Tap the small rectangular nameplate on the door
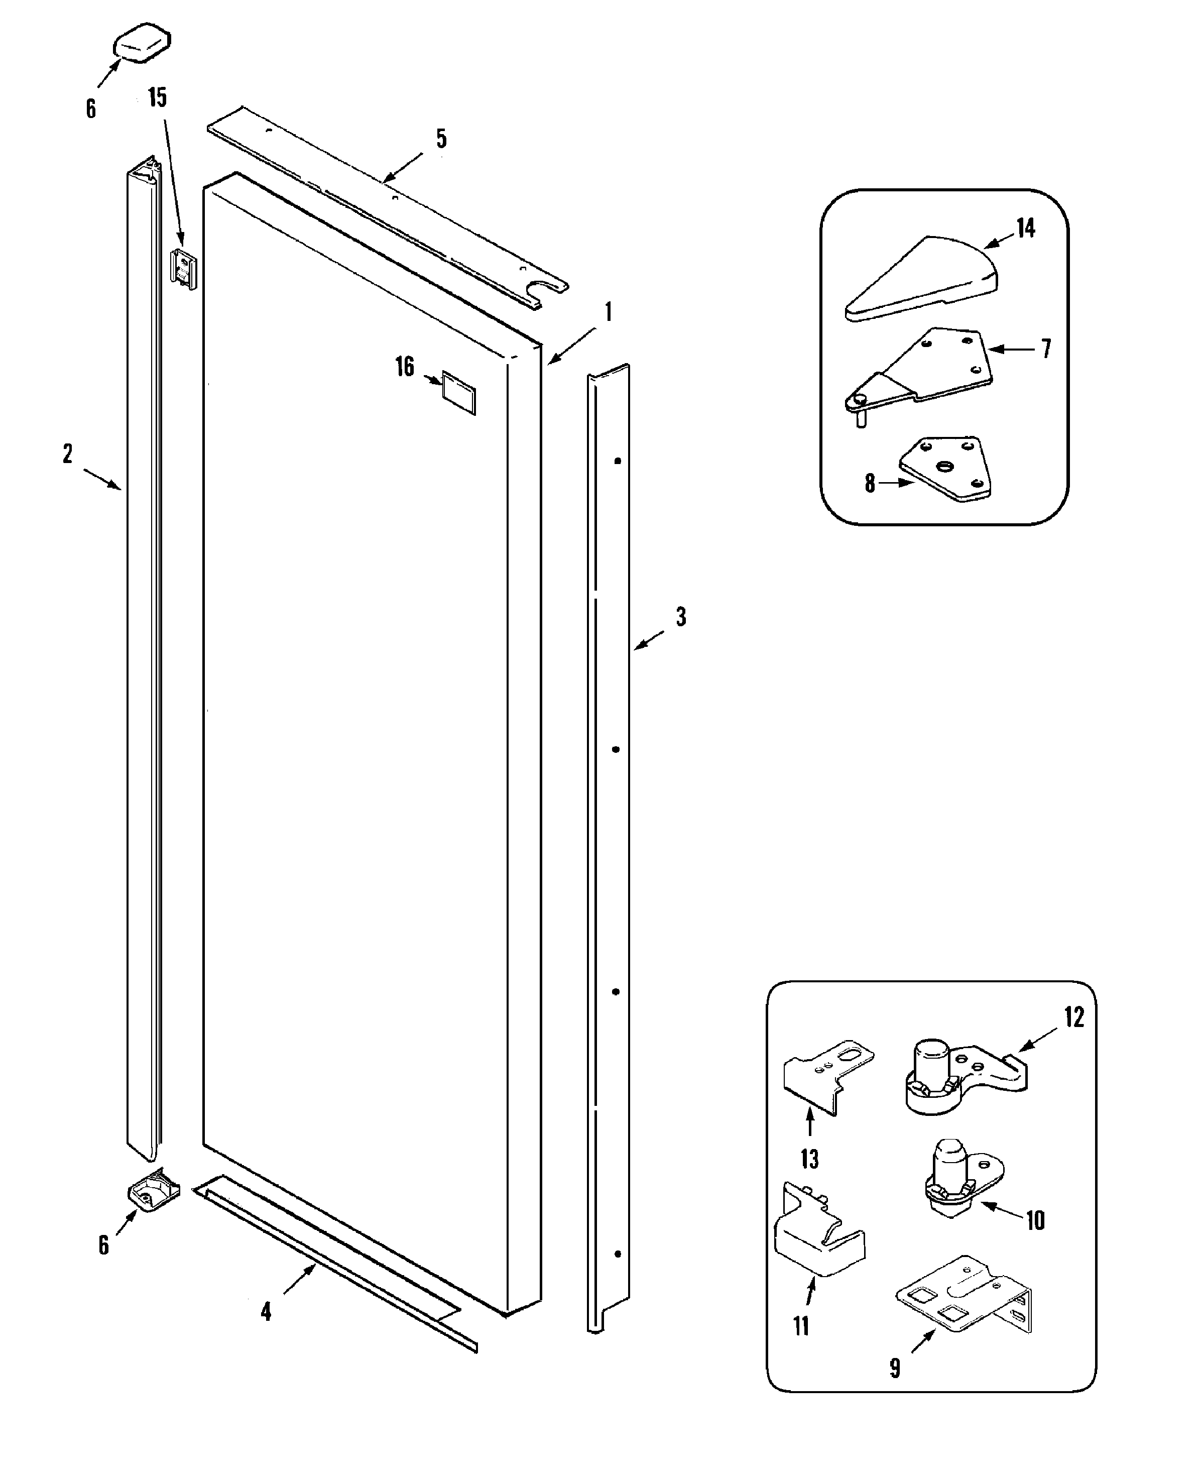tap(458, 393)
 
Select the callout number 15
tap(158, 97)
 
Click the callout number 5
tap(441, 139)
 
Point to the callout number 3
tap(681, 616)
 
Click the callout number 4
tap(266, 1311)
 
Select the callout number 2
tap(67, 454)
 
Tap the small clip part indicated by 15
tap(183, 269)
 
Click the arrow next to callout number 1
tap(571, 346)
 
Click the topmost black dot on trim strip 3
tap(618, 461)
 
